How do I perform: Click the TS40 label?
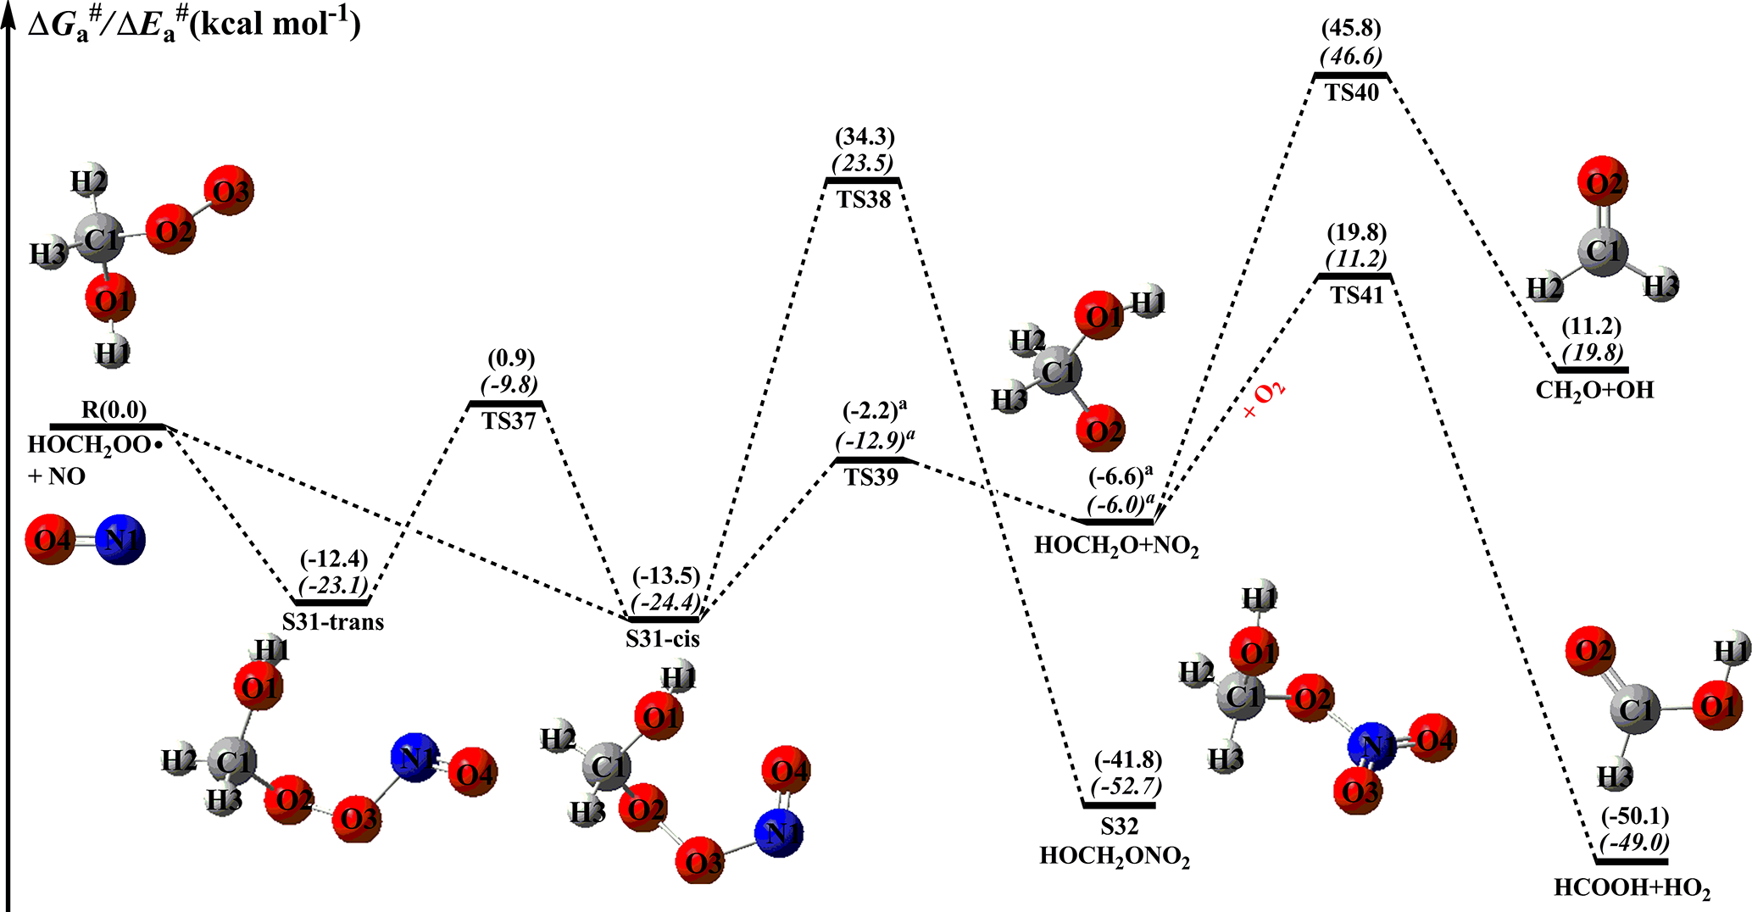click(1352, 92)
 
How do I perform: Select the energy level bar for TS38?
click(863, 181)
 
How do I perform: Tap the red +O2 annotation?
click(1264, 400)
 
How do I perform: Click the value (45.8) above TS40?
click(1351, 28)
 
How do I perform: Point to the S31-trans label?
click(333, 622)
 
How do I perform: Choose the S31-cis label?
click(663, 638)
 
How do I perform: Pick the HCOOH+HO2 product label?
click(1632, 889)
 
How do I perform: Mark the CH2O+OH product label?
click(1594, 391)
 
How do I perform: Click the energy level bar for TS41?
click(1354, 277)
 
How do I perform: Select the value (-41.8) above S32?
click(1127, 760)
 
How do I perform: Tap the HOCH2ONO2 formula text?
click(1115, 857)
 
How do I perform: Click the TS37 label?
click(509, 420)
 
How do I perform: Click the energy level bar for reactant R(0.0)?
click(107, 426)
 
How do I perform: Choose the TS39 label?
click(871, 477)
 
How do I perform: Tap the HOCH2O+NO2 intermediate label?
click(1116, 545)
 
